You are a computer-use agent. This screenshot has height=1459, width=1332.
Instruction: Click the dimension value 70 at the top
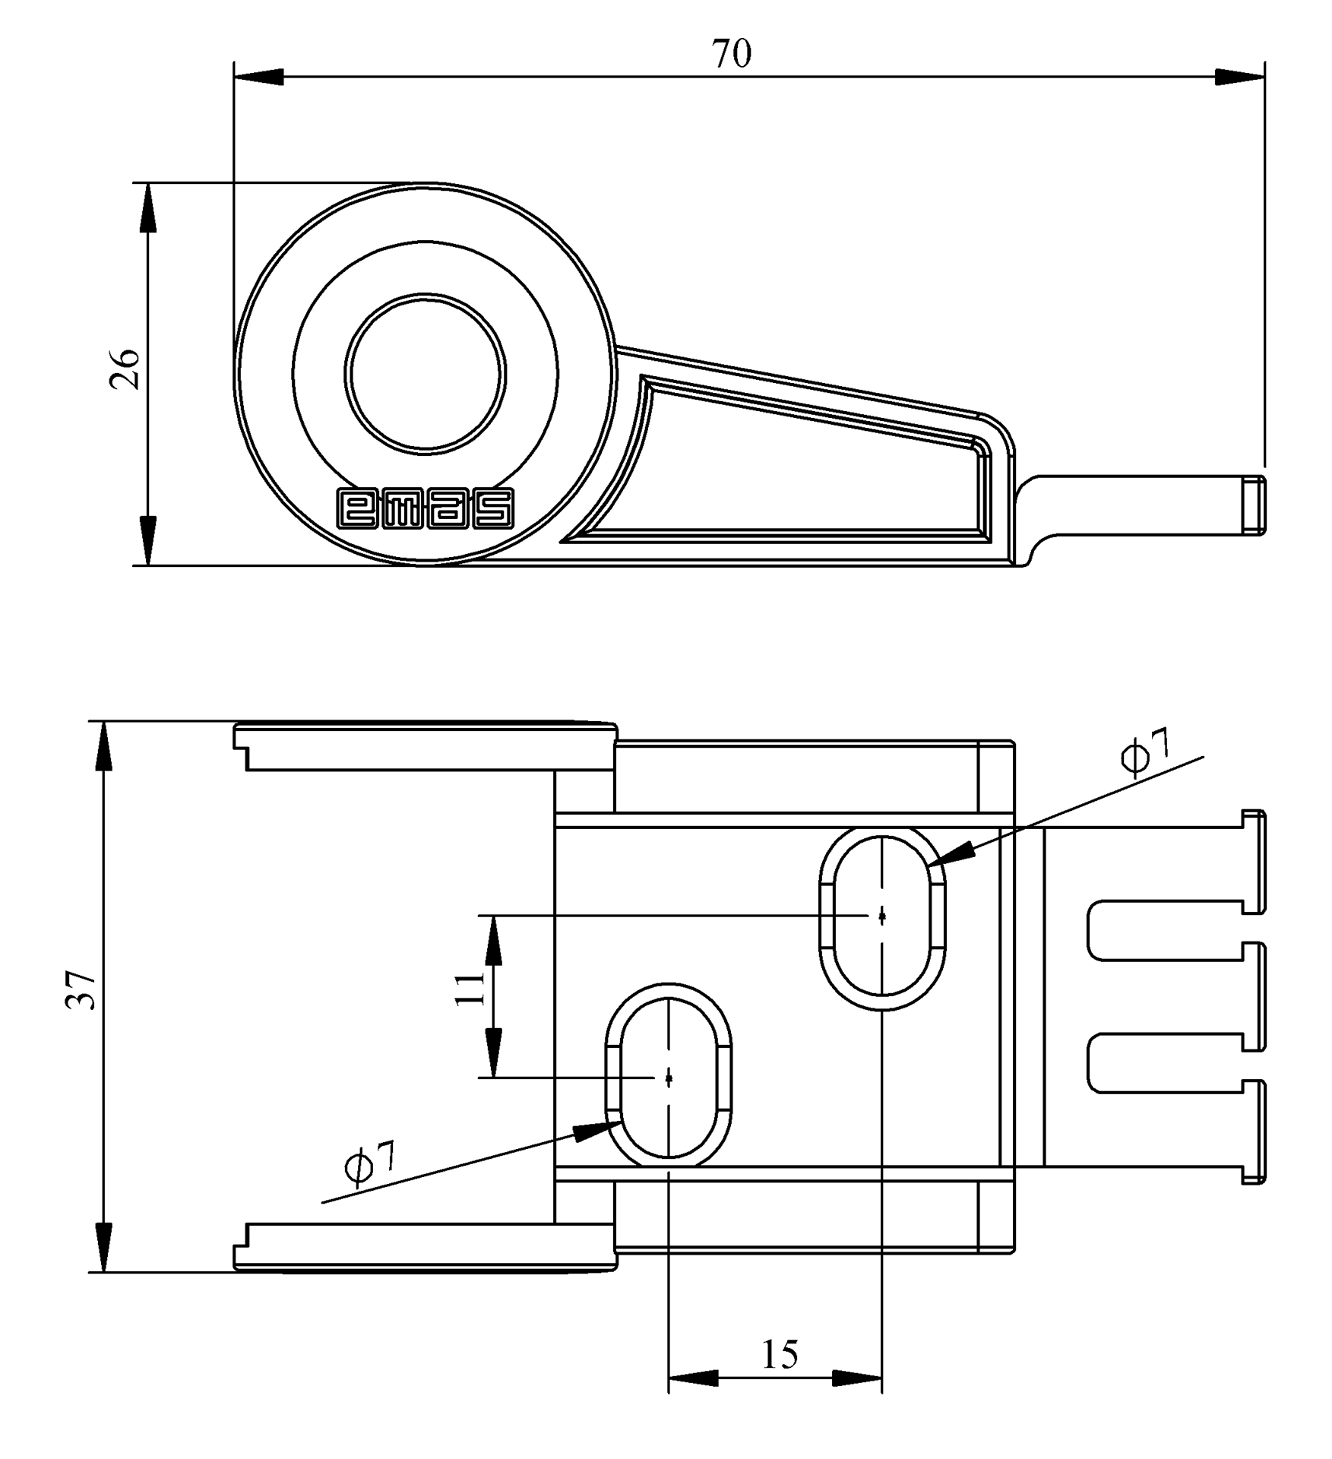click(731, 54)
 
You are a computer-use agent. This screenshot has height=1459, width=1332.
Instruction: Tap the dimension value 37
click(81, 989)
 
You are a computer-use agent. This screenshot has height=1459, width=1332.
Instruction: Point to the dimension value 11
click(470, 988)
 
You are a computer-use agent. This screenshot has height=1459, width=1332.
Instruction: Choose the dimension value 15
click(780, 1354)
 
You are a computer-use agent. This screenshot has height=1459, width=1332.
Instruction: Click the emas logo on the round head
click(425, 508)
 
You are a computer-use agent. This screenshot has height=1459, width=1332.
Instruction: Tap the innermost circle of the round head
click(425, 374)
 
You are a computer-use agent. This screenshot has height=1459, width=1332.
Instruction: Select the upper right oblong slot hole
click(882, 919)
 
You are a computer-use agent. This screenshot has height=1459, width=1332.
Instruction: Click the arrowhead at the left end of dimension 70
click(258, 77)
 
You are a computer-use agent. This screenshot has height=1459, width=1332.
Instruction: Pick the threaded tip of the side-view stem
click(1257, 506)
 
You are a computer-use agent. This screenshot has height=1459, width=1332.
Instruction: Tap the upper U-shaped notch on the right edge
click(1166, 930)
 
